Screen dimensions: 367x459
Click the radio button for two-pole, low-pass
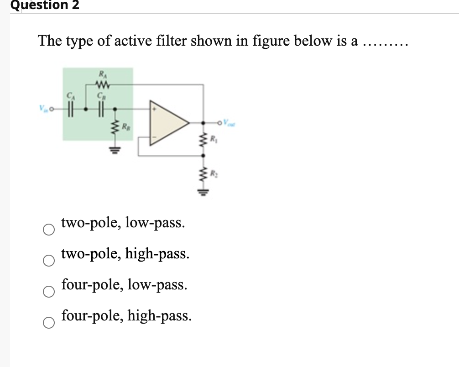click(x=49, y=230)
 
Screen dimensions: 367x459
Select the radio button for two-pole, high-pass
click(x=49, y=261)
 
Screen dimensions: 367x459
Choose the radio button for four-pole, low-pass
click(x=49, y=292)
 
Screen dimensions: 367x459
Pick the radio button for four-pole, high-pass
click(x=49, y=322)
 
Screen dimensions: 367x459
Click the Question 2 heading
click(x=39, y=5)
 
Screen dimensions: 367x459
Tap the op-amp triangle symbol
click(x=168, y=122)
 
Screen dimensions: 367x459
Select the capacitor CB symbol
click(x=101, y=110)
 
